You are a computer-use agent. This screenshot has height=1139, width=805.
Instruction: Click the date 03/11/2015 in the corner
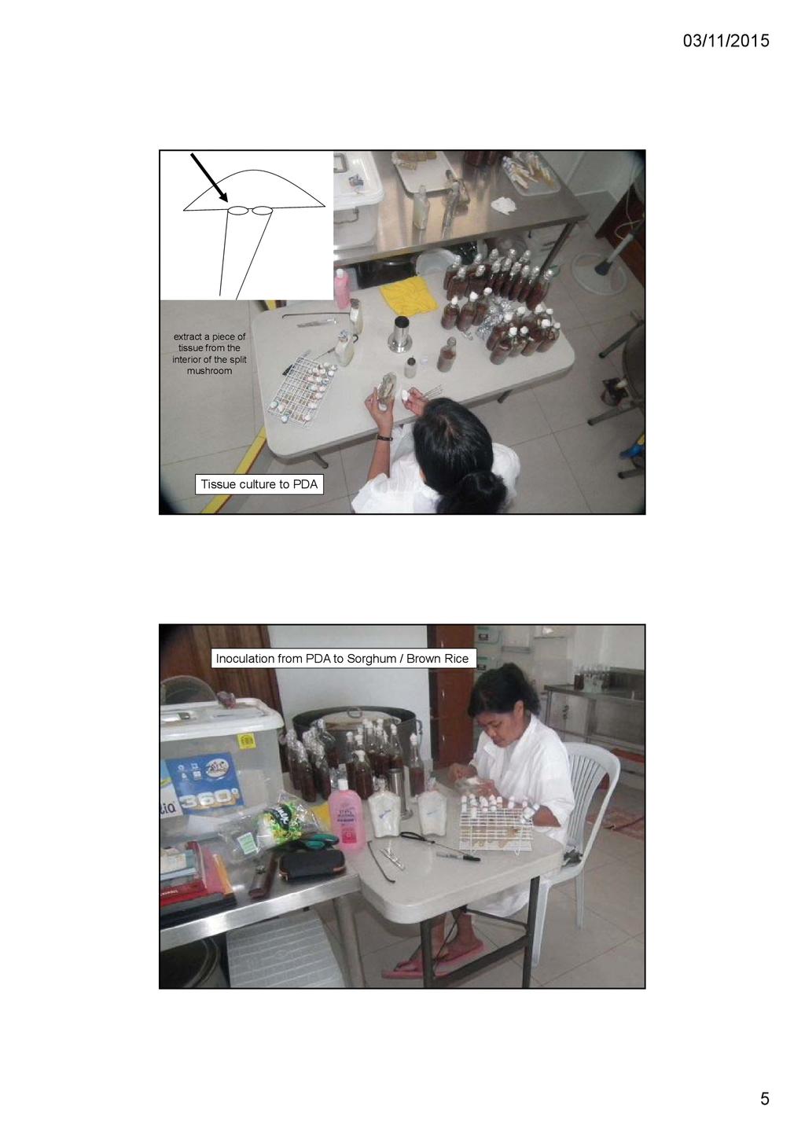pos(726,41)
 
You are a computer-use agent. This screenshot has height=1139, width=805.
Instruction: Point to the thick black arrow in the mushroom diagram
pos(208,178)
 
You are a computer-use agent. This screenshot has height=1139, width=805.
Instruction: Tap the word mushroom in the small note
pos(209,371)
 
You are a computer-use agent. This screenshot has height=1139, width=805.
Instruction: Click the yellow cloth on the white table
pos(409,296)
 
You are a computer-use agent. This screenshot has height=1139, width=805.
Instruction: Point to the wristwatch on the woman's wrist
pos(384,437)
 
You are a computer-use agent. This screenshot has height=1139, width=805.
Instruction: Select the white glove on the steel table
pos(504,204)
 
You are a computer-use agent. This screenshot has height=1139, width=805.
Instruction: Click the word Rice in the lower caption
pos(455,659)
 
